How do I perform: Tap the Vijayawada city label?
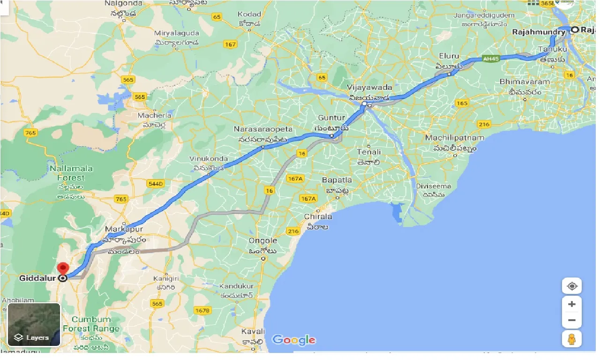click(369, 88)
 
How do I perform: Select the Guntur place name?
click(331, 118)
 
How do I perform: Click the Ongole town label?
click(264, 240)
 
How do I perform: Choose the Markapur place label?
click(124, 229)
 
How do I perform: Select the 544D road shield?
click(155, 183)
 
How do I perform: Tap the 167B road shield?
click(202, 310)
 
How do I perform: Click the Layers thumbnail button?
click(34, 324)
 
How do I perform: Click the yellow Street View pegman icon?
click(571, 338)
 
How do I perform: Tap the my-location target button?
click(571, 286)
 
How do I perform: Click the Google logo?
click(293, 340)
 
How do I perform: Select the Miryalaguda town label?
click(177, 33)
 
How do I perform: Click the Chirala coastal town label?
click(318, 217)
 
